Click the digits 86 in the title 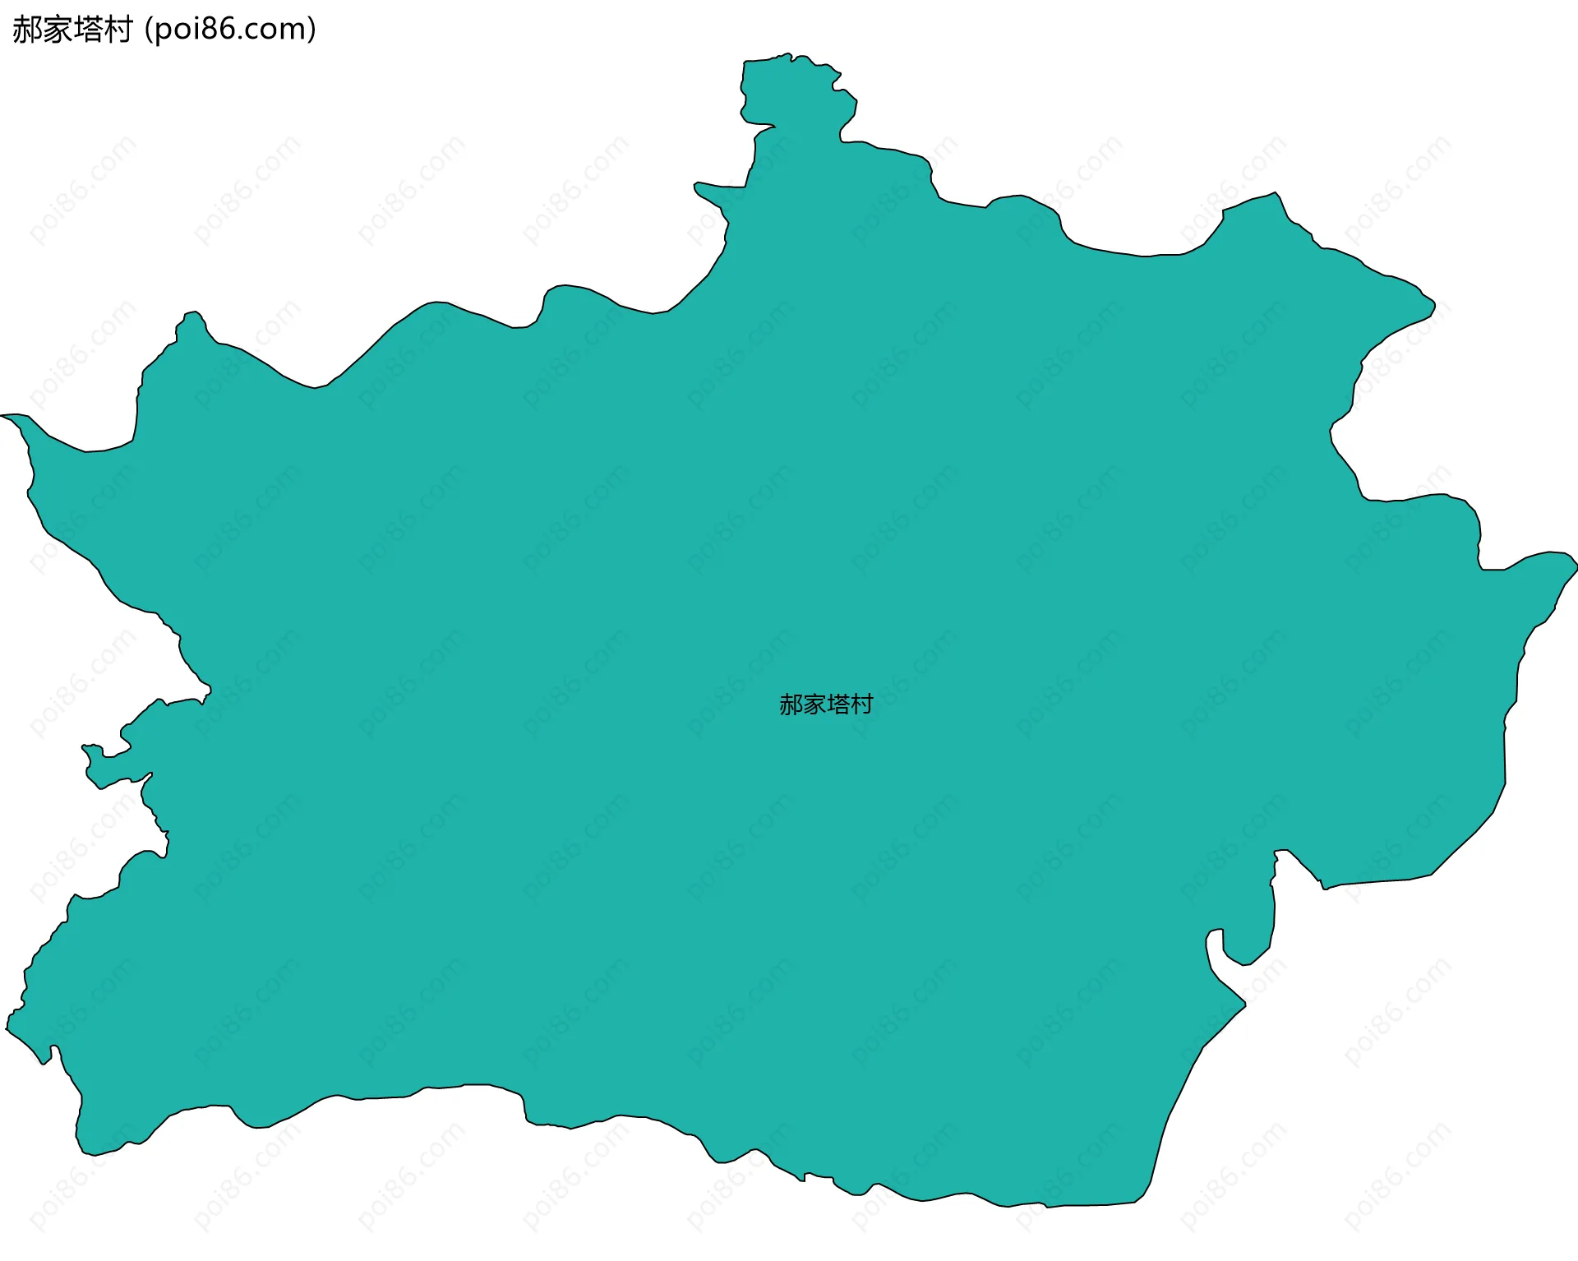click(220, 30)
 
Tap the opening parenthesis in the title click(148, 30)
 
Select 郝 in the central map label click(791, 704)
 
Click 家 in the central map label click(814, 704)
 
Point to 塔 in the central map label click(838, 704)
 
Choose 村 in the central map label click(862, 704)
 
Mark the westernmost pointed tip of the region click(5, 416)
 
